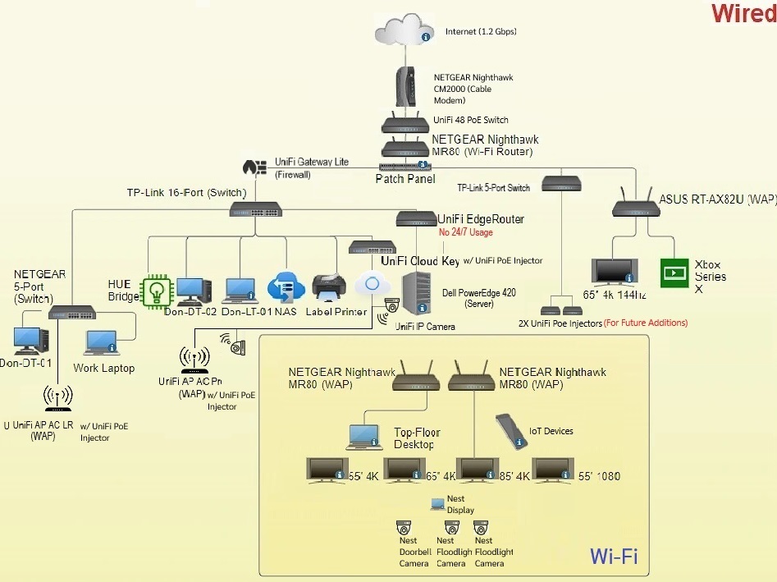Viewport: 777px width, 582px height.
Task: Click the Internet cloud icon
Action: pos(403,30)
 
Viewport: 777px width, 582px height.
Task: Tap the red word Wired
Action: pos(742,14)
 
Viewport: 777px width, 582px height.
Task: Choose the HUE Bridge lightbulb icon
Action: pos(155,291)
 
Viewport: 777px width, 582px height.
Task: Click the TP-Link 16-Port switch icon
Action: pos(255,211)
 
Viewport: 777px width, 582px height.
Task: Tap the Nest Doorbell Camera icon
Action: pos(403,527)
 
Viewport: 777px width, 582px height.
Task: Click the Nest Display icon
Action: pos(436,504)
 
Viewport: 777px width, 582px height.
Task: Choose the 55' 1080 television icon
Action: pos(552,471)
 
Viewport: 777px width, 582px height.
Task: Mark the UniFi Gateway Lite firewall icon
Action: pos(255,167)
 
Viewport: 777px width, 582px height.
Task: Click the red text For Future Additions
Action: pos(646,323)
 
